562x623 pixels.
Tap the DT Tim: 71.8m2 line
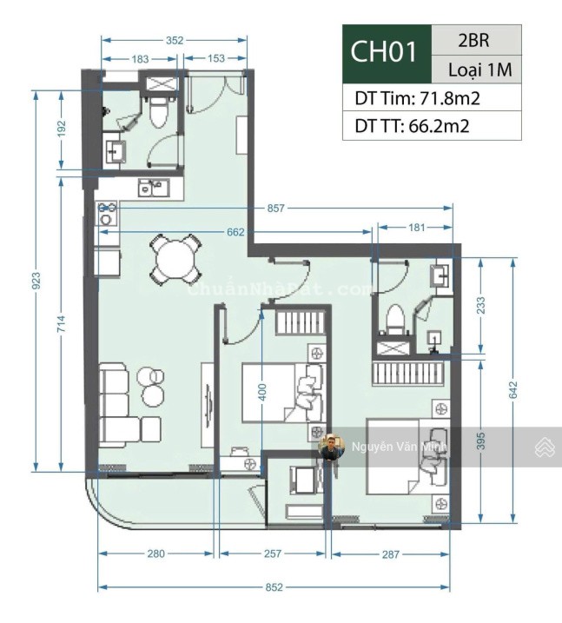click(417, 97)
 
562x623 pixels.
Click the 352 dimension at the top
click(175, 39)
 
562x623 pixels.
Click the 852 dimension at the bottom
click(274, 587)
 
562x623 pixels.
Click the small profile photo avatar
click(330, 447)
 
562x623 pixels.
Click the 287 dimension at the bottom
click(391, 554)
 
